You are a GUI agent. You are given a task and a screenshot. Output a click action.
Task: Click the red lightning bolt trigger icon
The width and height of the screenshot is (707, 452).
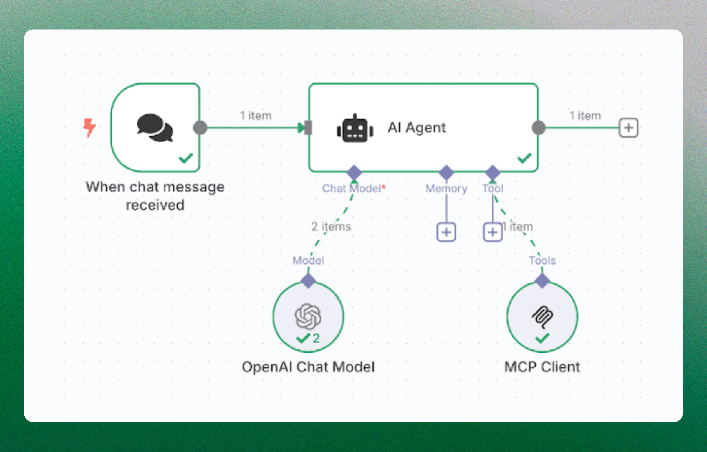pos(89,127)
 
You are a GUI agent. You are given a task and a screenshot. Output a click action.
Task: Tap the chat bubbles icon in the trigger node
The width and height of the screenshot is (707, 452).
pos(155,128)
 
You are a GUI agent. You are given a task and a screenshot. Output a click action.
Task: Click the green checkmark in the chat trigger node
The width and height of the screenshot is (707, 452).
pos(186,158)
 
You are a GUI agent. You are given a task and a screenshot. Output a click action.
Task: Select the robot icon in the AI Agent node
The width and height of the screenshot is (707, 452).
pos(355,128)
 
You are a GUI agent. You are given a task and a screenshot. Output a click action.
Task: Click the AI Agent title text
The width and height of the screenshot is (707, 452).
pos(416,128)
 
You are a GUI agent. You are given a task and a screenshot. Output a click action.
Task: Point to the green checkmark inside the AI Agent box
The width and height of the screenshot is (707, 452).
pos(524,158)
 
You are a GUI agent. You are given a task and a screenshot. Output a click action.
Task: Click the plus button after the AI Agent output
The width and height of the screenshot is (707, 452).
pos(628,128)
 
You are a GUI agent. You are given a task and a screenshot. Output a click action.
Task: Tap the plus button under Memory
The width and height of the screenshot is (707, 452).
pos(446,232)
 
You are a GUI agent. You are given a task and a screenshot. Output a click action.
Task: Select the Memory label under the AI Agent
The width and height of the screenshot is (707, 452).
pos(446,189)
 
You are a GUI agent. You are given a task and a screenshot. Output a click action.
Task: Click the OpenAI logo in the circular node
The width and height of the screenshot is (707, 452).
pos(308,316)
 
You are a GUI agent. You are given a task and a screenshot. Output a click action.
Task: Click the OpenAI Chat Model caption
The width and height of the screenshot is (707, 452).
pos(308,367)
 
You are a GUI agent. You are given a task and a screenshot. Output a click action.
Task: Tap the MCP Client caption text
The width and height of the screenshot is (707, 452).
pos(542,367)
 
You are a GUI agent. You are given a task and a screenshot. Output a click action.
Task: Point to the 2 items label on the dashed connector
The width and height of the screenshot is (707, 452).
pos(331,227)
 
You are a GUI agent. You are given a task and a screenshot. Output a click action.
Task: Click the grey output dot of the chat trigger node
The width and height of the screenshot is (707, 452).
pos(200,128)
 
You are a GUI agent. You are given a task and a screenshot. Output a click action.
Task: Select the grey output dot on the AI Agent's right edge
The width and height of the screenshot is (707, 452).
pos(538,128)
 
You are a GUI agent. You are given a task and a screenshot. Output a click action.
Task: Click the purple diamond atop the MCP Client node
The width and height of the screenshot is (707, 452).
pos(542,281)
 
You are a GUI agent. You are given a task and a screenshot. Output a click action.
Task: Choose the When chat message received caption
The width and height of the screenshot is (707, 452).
pos(155,196)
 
